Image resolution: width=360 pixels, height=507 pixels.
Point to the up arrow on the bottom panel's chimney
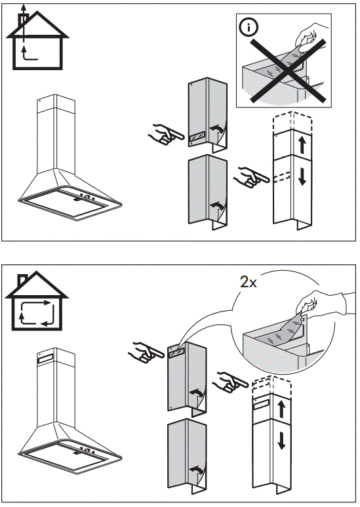281,411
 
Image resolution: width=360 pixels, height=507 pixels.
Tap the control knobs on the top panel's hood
86,197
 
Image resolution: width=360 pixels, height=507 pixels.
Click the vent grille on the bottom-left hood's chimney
50,359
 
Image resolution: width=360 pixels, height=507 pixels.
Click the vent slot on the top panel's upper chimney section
197,138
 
